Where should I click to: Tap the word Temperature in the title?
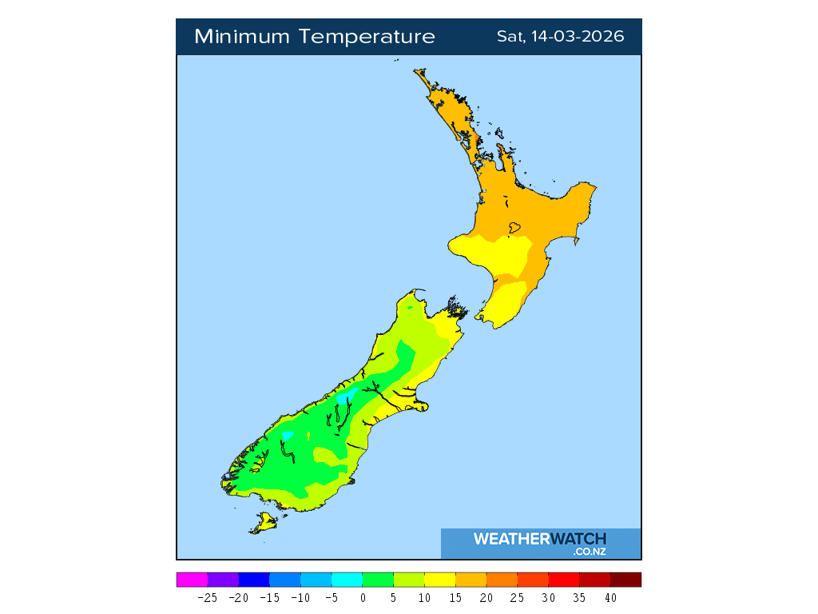[369, 37]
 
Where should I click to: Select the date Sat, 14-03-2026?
[560, 37]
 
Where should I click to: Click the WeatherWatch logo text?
[540, 539]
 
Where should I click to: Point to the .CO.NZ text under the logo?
[590, 551]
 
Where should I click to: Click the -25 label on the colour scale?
[207, 597]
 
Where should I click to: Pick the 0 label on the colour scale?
[363, 597]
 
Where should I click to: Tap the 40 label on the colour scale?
[610, 597]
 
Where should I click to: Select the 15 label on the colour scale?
[455, 597]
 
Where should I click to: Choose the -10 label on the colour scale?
[300, 597]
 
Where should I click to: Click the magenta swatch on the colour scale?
[192, 580]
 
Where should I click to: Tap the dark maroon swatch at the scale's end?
[625, 580]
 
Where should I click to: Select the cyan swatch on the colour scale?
[347, 580]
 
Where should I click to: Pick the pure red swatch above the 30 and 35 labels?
[563, 580]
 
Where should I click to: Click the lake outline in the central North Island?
[514, 228]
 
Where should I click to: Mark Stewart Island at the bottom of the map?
[263, 524]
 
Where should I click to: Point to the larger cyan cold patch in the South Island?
[346, 397]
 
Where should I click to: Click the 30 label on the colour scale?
[548, 597]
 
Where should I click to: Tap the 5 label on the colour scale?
[393, 597]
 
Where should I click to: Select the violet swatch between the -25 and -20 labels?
[223, 580]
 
